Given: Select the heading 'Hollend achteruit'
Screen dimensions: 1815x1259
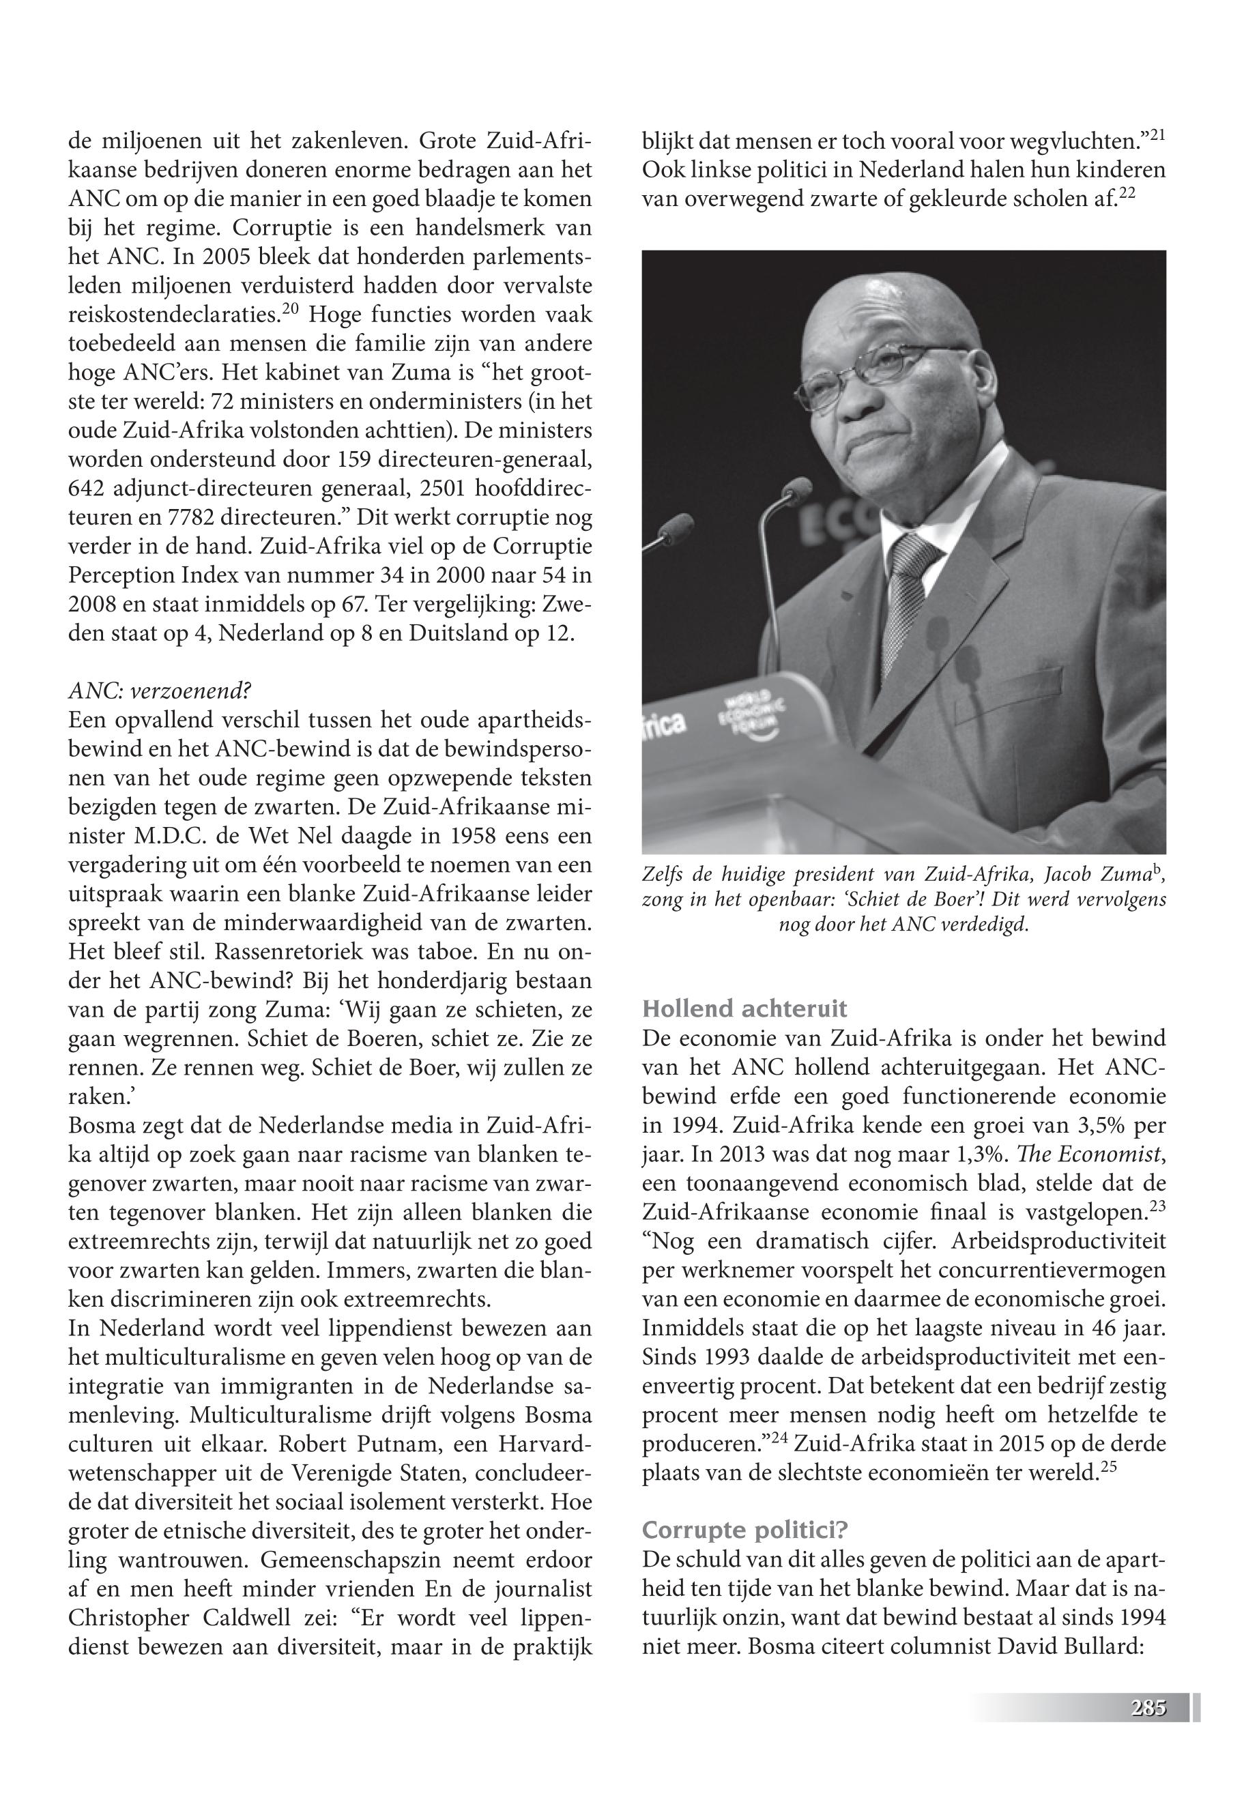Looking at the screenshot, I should (744, 1008).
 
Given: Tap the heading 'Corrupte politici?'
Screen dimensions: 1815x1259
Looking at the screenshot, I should (744, 1530).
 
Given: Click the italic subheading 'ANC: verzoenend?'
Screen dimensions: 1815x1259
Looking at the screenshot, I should (160, 691).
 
